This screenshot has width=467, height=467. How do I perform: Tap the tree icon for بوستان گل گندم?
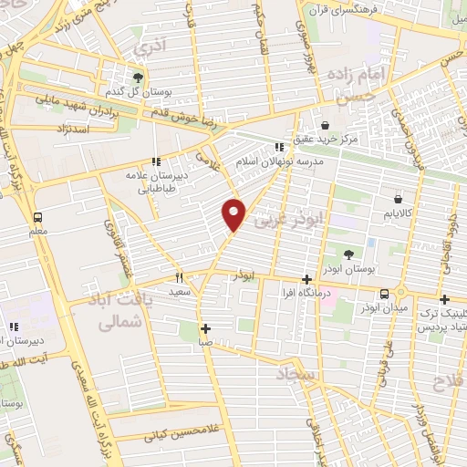[137, 78]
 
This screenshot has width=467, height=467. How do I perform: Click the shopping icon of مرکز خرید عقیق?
[327, 126]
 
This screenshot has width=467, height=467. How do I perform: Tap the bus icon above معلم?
[37, 218]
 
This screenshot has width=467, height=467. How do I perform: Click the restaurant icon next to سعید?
[180, 277]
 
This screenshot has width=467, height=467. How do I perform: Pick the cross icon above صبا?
[206, 328]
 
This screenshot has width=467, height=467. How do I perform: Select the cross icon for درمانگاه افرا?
[306, 280]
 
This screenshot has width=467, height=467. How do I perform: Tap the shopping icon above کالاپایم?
[398, 199]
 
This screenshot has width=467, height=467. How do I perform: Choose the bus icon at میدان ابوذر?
[386, 293]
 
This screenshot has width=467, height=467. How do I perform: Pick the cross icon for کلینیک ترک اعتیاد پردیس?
[444, 299]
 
